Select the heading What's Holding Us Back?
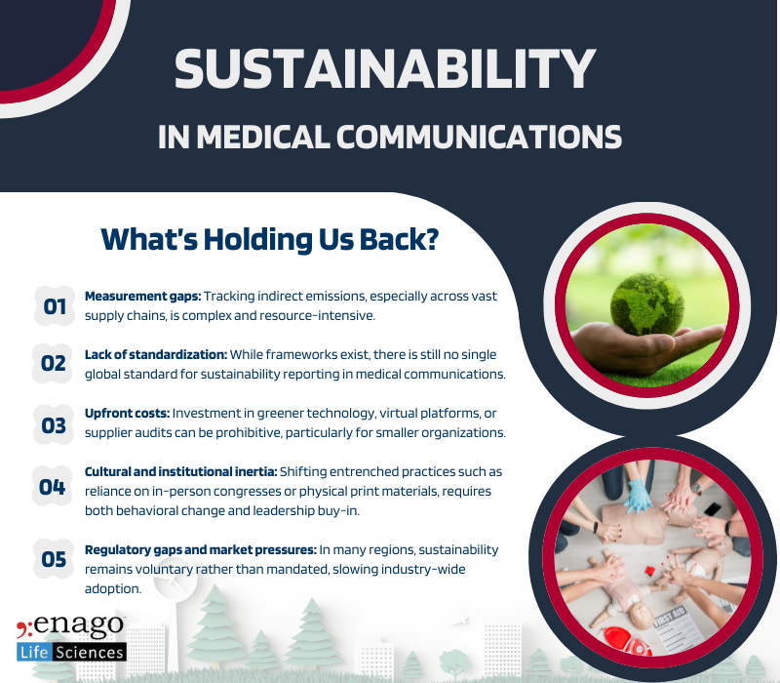coord(269,240)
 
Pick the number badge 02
coord(53,364)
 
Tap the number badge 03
coord(53,425)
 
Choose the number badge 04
coord(53,485)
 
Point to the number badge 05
coord(54,559)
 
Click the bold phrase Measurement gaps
coord(141,296)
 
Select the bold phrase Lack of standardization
coord(157,354)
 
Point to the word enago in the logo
coord(82,624)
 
